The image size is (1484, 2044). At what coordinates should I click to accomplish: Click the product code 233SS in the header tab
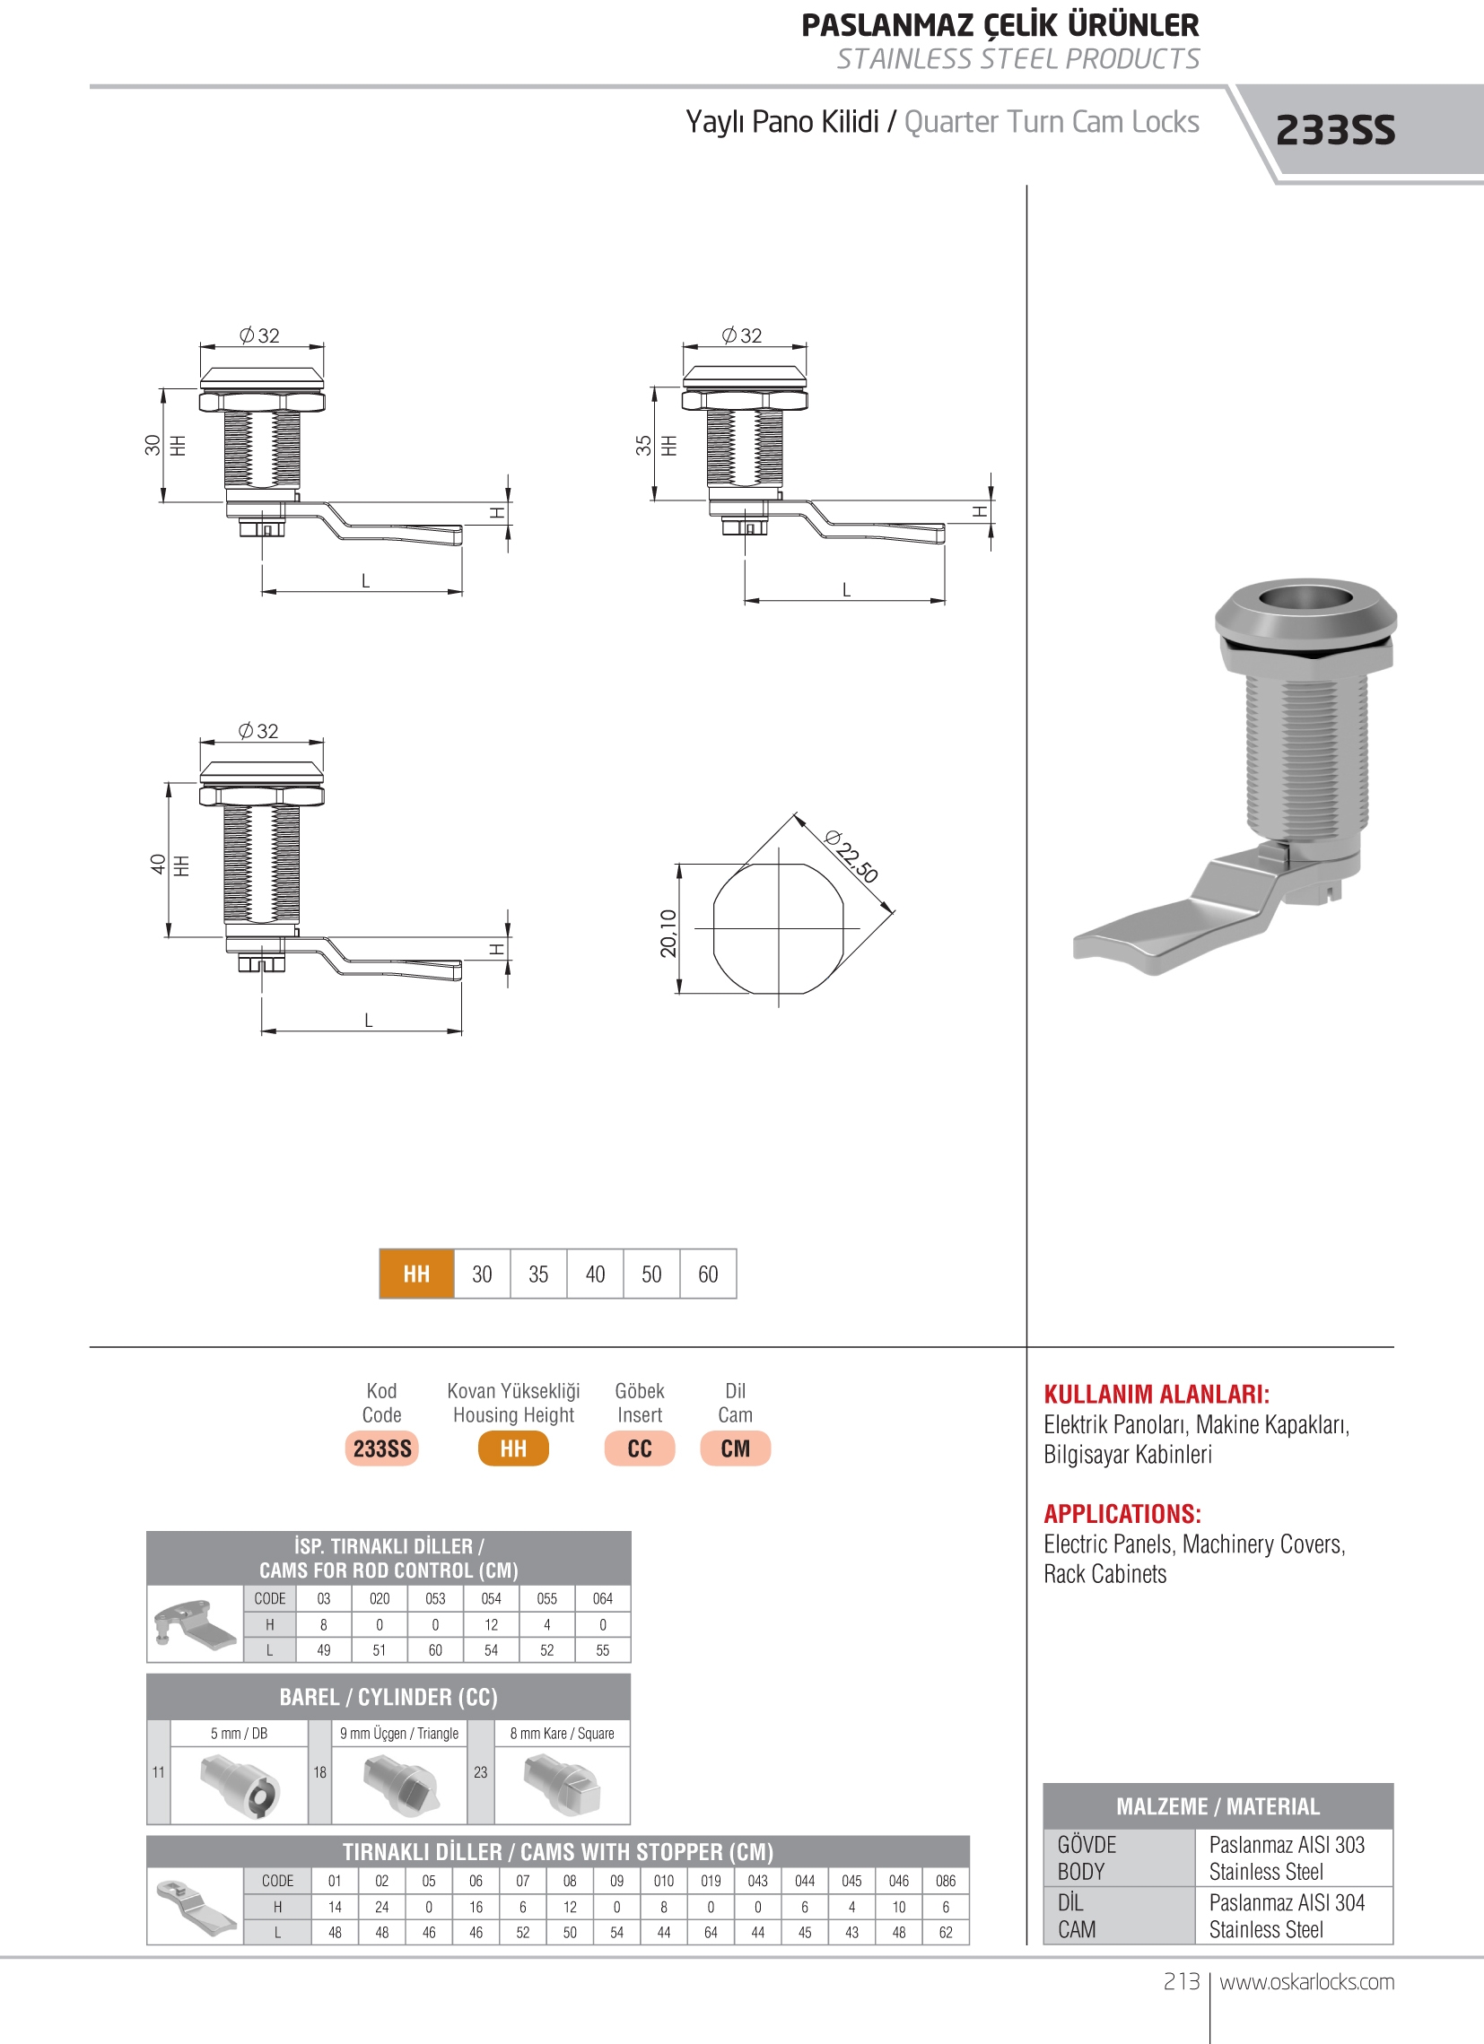click(1334, 131)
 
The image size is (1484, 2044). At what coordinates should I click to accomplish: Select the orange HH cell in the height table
click(416, 1274)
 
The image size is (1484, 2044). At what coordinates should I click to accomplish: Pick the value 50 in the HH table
click(651, 1274)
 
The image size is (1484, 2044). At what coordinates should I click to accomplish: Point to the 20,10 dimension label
click(668, 932)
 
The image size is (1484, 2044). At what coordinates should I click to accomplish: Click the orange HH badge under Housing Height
click(513, 1448)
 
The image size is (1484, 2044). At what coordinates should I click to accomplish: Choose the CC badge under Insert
click(639, 1448)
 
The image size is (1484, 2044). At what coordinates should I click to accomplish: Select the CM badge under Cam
click(735, 1448)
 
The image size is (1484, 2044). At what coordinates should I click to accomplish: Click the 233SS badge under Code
click(381, 1448)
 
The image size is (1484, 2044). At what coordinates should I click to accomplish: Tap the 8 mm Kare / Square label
click(562, 1733)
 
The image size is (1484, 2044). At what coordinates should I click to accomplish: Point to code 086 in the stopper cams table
click(945, 1881)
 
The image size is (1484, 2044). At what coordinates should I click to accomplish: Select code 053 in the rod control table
click(435, 1598)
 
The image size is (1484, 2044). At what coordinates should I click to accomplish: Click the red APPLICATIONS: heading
click(1122, 1514)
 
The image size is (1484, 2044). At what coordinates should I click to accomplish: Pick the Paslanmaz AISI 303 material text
click(1287, 1845)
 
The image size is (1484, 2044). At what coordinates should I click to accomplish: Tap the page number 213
click(1181, 1982)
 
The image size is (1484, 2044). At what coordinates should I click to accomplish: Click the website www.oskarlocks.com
click(1306, 1982)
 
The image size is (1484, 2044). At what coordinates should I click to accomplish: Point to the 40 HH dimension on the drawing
click(159, 864)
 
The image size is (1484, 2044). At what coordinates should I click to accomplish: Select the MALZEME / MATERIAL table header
click(1218, 1806)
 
